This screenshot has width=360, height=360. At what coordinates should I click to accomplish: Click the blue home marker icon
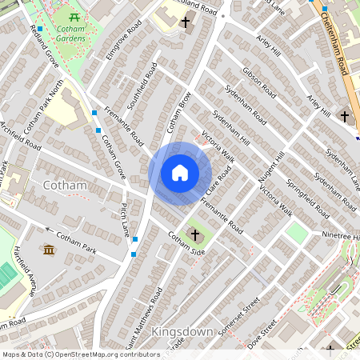[x=180, y=172]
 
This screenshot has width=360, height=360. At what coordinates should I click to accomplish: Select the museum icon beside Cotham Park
[x=48, y=250]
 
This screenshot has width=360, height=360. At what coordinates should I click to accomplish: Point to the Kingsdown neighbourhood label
[x=182, y=331]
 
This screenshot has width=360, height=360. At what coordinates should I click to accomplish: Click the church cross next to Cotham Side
[x=194, y=235]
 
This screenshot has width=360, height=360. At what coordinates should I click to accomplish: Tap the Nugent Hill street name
[x=270, y=170]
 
